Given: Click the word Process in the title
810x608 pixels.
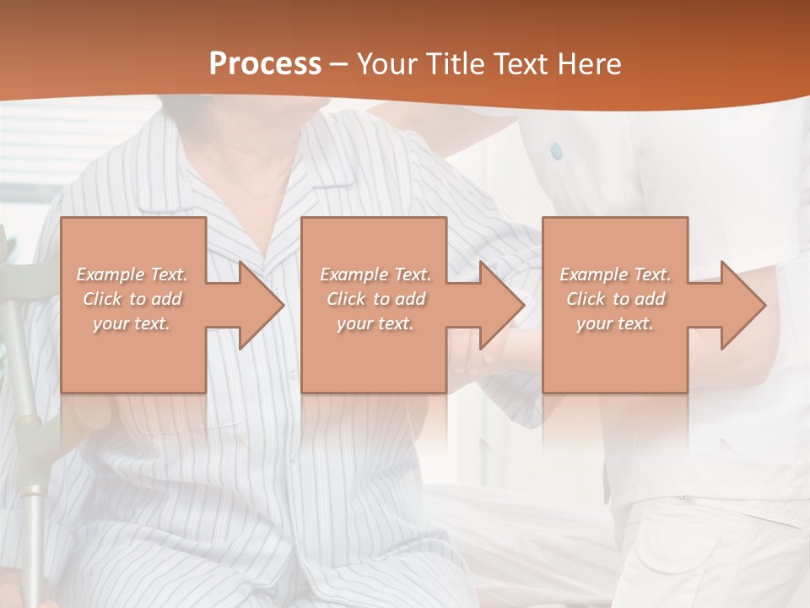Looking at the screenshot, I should (x=265, y=63).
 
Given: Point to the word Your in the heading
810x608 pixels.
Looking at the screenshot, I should (x=386, y=64).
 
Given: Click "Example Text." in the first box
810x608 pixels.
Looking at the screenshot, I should (x=132, y=274).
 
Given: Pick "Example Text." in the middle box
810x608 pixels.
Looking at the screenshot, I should (x=375, y=274).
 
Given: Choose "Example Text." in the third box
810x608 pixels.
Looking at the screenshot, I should (x=615, y=274).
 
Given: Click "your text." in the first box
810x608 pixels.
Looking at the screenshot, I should (x=132, y=323).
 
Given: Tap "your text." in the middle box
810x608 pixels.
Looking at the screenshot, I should (x=375, y=323).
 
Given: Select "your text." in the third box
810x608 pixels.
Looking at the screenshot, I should (x=614, y=323).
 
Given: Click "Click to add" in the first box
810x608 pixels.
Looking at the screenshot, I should (x=132, y=299).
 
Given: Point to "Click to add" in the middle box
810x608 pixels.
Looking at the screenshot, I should (x=375, y=299).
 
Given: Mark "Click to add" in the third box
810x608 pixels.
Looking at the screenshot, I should (x=615, y=299).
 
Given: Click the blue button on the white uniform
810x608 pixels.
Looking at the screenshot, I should (x=555, y=151).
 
